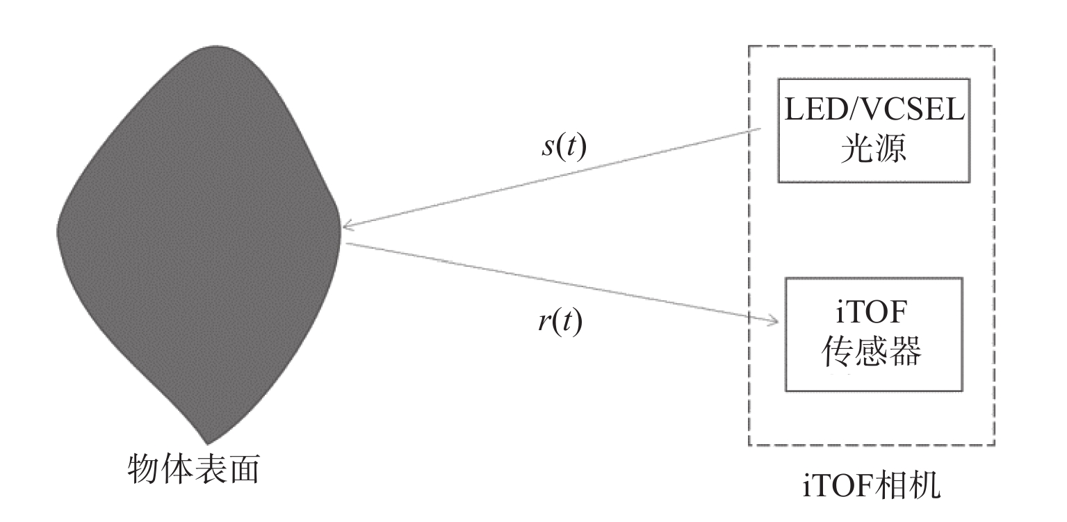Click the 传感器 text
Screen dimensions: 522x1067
pos(874,354)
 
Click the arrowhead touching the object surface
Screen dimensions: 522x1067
pos(348,225)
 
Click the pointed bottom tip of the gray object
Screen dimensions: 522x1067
pos(206,441)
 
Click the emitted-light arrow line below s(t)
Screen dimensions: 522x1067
pos(556,177)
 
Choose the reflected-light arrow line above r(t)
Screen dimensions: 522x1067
pos(556,282)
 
